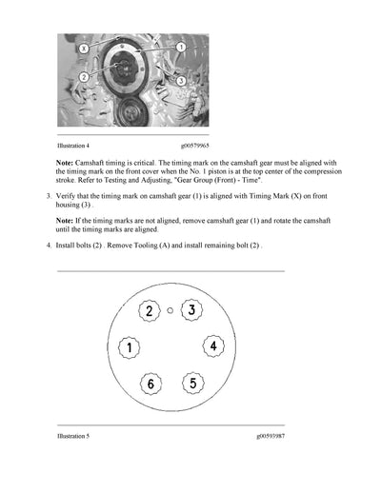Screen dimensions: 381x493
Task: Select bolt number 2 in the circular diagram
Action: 149,311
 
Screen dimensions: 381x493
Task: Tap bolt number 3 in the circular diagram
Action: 191,310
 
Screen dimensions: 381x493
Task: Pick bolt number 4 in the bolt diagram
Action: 214,345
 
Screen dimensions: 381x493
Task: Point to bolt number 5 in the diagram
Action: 192,383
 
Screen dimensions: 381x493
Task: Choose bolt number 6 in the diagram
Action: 150,384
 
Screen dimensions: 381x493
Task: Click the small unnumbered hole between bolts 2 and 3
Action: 170,310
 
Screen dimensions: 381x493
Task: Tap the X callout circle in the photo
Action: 85,47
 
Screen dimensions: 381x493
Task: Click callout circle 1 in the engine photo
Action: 180,47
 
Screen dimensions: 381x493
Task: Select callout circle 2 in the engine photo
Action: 85,77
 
